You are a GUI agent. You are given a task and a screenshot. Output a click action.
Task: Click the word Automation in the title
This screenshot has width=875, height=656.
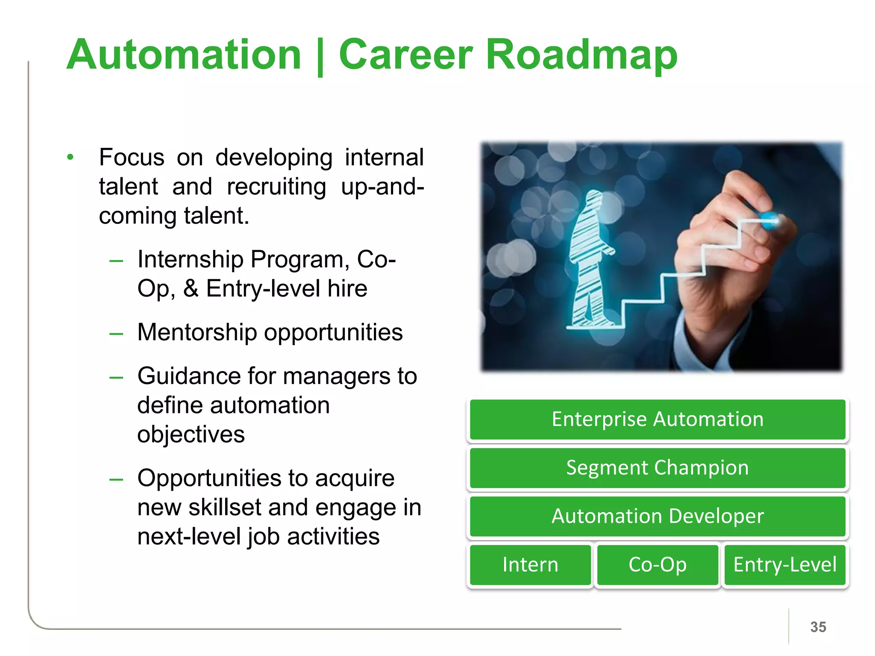(184, 55)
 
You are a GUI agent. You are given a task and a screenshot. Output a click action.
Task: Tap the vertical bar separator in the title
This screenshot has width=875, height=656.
(320, 56)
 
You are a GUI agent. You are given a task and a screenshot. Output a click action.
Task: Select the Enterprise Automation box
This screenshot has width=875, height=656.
(658, 419)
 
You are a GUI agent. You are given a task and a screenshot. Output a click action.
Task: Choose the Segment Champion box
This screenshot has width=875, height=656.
(658, 468)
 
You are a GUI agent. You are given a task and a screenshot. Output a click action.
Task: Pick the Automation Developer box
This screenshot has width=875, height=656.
(658, 516)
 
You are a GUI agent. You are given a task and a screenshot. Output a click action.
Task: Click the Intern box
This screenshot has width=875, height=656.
(530, 565)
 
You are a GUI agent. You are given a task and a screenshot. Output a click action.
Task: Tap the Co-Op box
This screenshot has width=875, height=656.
(658, 565)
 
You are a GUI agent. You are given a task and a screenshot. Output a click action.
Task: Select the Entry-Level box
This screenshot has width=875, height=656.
(785, 565)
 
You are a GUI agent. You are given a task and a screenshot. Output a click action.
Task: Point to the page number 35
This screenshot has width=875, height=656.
(818, 627)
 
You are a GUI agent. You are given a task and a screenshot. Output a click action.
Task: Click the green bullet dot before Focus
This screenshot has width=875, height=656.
(70, 157)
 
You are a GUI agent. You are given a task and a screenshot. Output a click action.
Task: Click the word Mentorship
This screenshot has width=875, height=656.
(197, 332)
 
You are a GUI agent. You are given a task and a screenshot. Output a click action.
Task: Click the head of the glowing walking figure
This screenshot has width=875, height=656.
(594, 199)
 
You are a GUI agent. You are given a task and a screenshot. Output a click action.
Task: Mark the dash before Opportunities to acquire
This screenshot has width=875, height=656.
(116, 480)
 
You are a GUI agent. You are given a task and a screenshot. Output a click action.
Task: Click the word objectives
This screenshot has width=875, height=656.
(191, 435)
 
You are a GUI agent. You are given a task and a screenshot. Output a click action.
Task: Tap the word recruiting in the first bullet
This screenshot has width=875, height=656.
(276, 187)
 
